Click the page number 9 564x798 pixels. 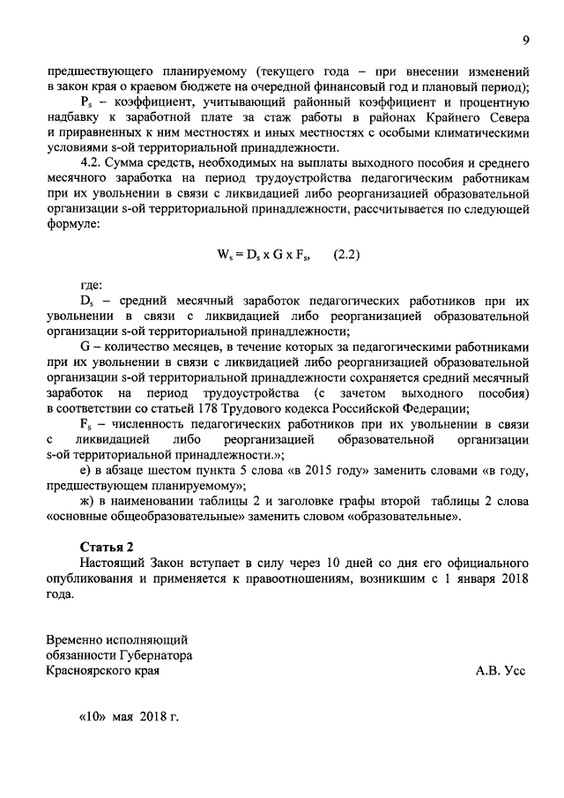525,40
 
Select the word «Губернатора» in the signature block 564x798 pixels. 149,655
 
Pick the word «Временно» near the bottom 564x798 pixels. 74,638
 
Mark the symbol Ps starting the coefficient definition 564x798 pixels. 86,102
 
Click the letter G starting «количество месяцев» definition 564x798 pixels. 85,347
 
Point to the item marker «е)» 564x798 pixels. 86,470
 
